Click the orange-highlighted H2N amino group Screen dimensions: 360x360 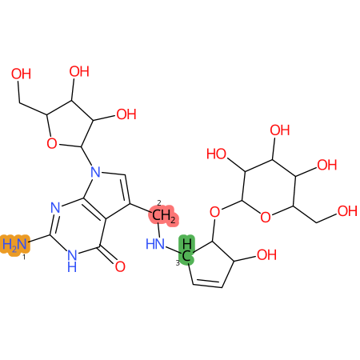tap(15, 244)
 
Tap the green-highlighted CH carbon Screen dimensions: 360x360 tap(186, 250)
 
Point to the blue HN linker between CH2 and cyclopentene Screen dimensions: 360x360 tap(155, 244)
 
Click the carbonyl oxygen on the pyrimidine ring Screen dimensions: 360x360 tap(120, 266)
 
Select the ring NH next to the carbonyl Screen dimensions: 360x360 tap(72, 261)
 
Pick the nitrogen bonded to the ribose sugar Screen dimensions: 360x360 tap(95, 172)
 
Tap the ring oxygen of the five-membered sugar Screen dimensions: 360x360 tap(52, 143)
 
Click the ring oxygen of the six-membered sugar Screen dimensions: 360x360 tap(266, 217)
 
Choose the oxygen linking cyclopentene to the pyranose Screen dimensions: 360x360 tap(214, 212)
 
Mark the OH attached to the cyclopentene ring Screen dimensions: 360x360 tap(266, 254)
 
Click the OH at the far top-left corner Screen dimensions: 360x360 tap(21, 74)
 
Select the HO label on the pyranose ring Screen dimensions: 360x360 tap(217, 154)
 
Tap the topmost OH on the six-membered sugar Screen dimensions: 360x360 tap(280, 130)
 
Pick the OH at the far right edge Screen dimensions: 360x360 tap(347, 211)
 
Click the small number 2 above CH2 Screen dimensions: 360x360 tap(159, 203)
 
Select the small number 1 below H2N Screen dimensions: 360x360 tap(24, 258)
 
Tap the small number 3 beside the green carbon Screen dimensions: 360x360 tap(178, 263)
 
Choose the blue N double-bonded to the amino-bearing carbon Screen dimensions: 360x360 tap(55, 208)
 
